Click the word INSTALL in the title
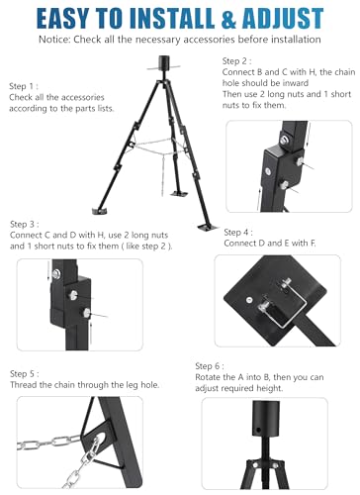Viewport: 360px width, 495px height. pos(173,18)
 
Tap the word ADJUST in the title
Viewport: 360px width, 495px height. pos(283,18)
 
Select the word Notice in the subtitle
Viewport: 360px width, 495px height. pos(54,40)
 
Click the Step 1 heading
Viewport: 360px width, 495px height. pos(24,86)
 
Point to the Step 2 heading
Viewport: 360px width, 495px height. pos(236,61)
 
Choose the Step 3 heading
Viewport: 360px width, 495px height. pos(25,225)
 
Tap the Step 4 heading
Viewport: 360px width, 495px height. pos(238,233)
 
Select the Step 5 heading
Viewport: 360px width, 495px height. pos(25,374)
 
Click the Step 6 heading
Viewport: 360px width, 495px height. pos(210,366)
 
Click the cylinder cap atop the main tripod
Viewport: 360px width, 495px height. pos(164,62)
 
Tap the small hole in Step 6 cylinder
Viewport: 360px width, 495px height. pos(258,430)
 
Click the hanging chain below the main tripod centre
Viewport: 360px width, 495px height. pos(163,175)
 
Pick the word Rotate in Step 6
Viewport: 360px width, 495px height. pos(208,377)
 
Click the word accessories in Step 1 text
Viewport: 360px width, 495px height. pos(83,98)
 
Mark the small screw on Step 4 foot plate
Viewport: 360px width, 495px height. pos(249,300)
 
